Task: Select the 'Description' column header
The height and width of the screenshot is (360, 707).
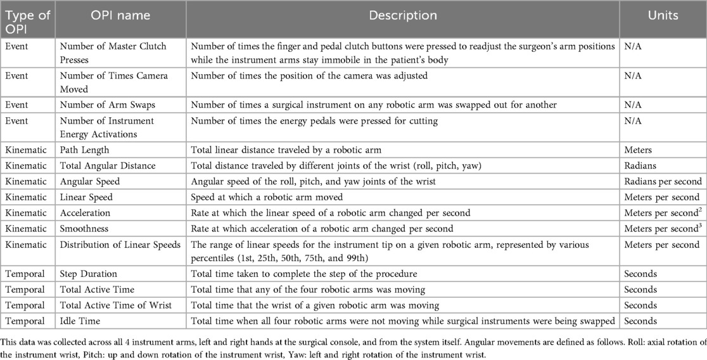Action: point(403,15)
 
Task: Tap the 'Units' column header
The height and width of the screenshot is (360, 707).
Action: point(663,15)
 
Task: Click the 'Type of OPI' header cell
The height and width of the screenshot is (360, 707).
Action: point(28,20)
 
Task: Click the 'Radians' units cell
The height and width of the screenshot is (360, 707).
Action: point(640,165)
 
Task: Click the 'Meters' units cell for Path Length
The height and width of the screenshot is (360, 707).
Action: point(639,150)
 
